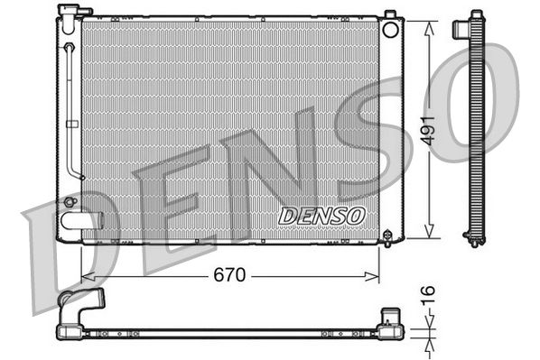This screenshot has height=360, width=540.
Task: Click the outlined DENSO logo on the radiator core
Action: click(321, 216)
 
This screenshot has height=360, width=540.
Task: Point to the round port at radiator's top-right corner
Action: click(391, 29)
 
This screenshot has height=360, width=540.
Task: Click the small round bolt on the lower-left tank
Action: click(70, 201)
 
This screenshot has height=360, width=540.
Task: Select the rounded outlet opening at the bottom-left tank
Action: click(78, 219)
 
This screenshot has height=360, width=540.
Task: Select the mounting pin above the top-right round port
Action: click(389, 14)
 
